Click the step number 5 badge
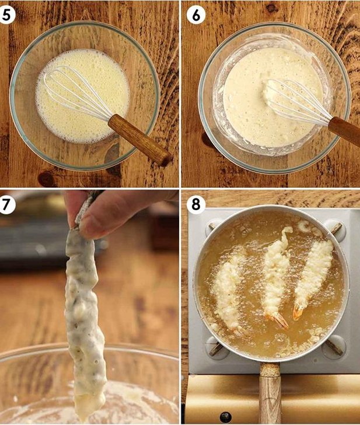(6, 15)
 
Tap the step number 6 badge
(196, 16)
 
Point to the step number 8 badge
(196, 204)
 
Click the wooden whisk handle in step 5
(140, 140)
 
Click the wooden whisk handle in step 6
(345, 131)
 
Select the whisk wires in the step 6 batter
(296, 100)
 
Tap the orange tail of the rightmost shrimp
(298, 312)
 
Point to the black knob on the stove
(225, 417)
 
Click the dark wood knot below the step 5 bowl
(47, 179)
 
